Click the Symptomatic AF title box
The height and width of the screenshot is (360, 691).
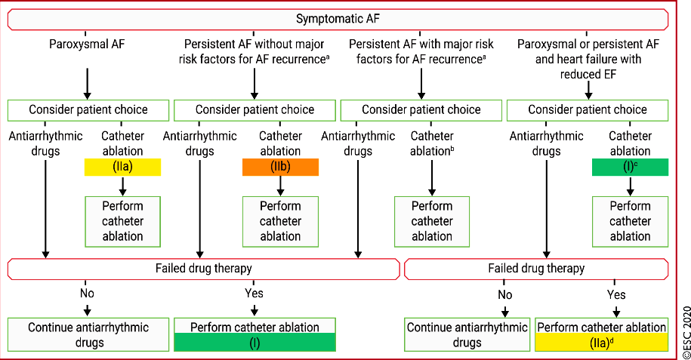pos(338,20)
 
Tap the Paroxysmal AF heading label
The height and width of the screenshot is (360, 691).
pos(87,44)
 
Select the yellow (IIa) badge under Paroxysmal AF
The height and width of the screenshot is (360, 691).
pos(122,167)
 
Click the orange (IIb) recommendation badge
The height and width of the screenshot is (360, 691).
pos(280,167)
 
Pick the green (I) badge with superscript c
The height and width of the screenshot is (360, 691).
pos(630,167)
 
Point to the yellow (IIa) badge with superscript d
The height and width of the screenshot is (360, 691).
pos(602,343)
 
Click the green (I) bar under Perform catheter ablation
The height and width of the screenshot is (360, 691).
pos(254,343)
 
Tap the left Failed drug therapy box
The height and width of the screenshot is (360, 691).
pos(204,269)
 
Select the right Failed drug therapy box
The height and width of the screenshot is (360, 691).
pos(536,269)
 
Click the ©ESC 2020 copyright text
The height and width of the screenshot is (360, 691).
pos(686,332)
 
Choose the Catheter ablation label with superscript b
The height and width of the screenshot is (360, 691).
pos(432,143)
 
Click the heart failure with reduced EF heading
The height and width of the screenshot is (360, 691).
pos(588,59)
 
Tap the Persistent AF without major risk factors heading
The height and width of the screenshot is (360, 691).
pos(254,51)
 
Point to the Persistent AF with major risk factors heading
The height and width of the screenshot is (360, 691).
pos(421,51)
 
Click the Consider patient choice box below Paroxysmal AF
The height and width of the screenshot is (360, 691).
pos(88,110)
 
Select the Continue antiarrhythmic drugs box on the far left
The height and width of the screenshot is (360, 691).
pos(88,335)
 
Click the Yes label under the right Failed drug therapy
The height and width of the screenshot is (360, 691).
pos(615,294)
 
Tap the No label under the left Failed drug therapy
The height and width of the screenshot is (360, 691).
pos(87,293)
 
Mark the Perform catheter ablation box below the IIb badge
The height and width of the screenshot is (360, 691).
pos(280,222)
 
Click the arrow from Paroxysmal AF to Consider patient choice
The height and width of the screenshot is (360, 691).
pos(88,84)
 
